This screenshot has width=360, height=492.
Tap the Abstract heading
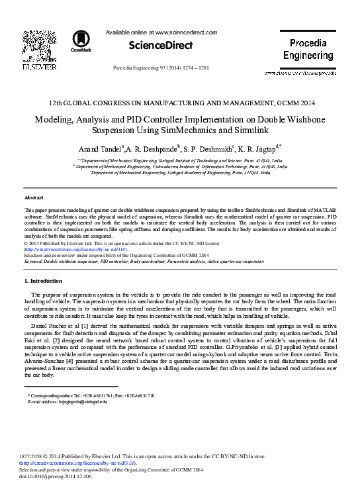pyautogui.click(x=33, y=197)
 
